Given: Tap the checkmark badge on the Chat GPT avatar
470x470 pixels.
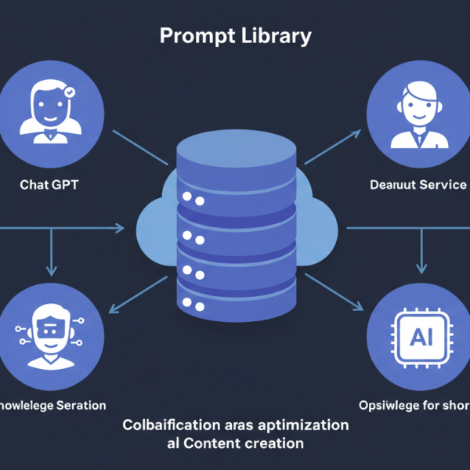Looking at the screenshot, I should tap(70, 92).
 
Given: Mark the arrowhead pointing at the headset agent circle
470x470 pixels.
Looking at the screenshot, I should tap(356, 136).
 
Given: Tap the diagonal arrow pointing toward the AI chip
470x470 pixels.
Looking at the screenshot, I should tap(337, 293).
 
